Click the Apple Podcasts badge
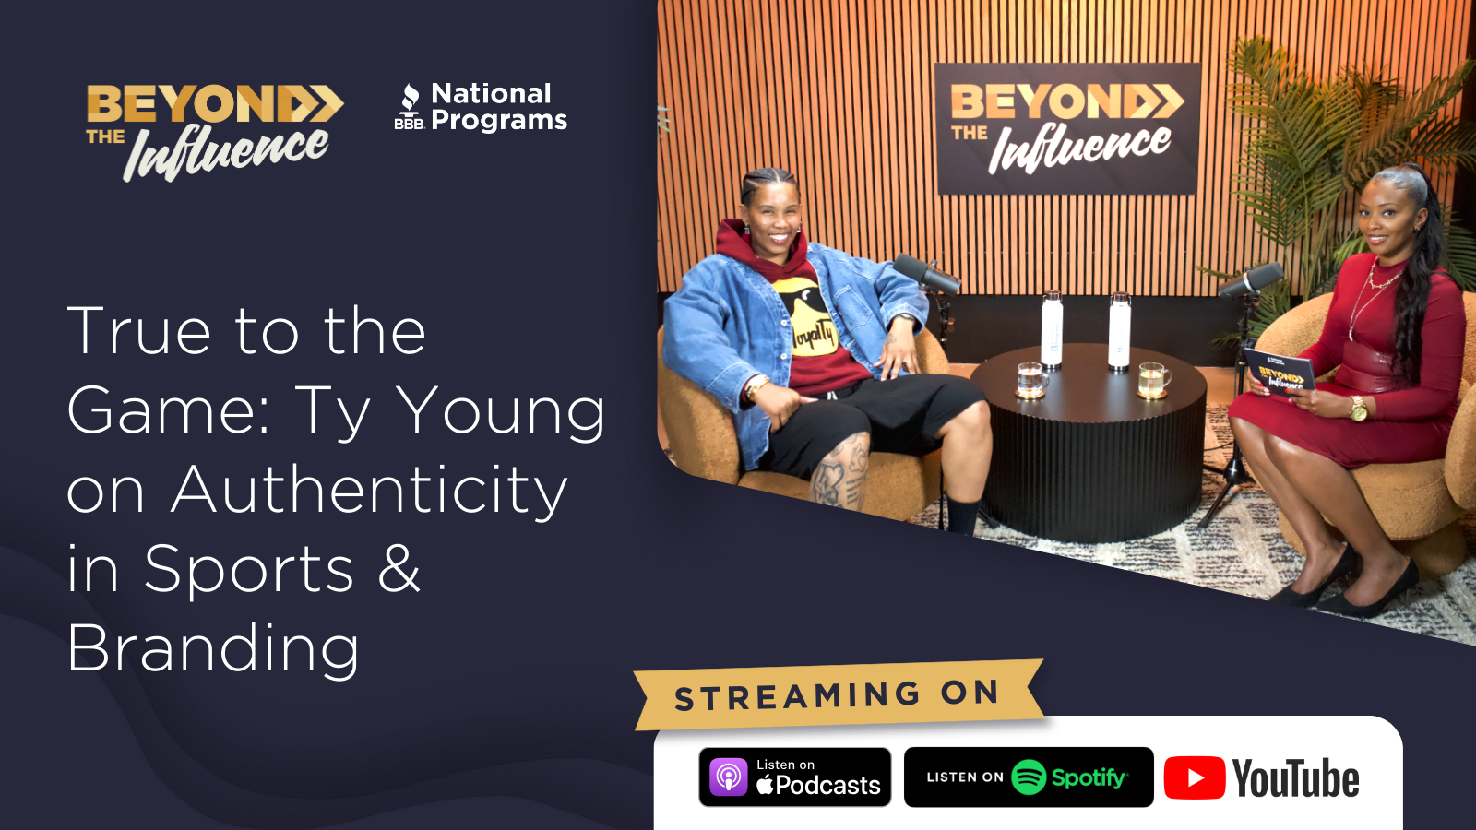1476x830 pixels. (x=794, y=777)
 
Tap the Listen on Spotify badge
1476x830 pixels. (x=1028, y=777)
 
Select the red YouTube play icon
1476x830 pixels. (x=1194, y=778)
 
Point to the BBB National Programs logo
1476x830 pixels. (x=481, y=107)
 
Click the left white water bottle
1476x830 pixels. (x=1052, y=328)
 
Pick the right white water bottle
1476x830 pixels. (x=1120, y=330)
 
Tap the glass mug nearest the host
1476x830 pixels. (x=1154, y=380)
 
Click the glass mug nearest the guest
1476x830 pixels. (x=1030, y=380)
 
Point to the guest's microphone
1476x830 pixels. (x=926, y=273)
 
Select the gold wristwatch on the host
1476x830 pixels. (x=1358, y=409)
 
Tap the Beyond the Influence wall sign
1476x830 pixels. (x=1066, y=128)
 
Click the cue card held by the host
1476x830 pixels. (x=1280, y=373)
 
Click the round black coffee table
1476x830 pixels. (x=1089, y=442)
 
